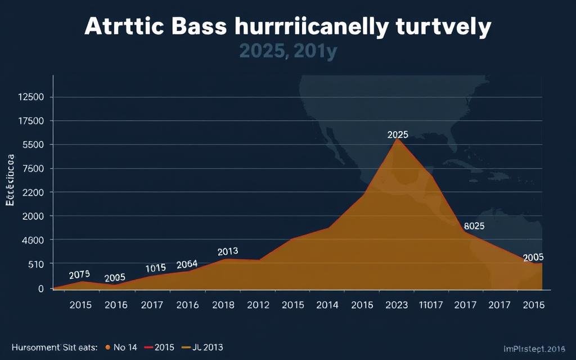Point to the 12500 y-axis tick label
(31, 97)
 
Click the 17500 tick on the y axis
(31, 121)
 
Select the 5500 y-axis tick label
(34, 145)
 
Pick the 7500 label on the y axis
(34, 169)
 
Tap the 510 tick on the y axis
(36, 264)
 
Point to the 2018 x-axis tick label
(223, 305)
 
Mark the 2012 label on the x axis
(258, 305)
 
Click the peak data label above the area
(398, 135)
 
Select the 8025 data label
(474, 227)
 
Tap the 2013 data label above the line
(228, 251)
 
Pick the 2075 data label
(79, 275)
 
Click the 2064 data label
(187, 264)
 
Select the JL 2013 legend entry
(204, 348)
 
